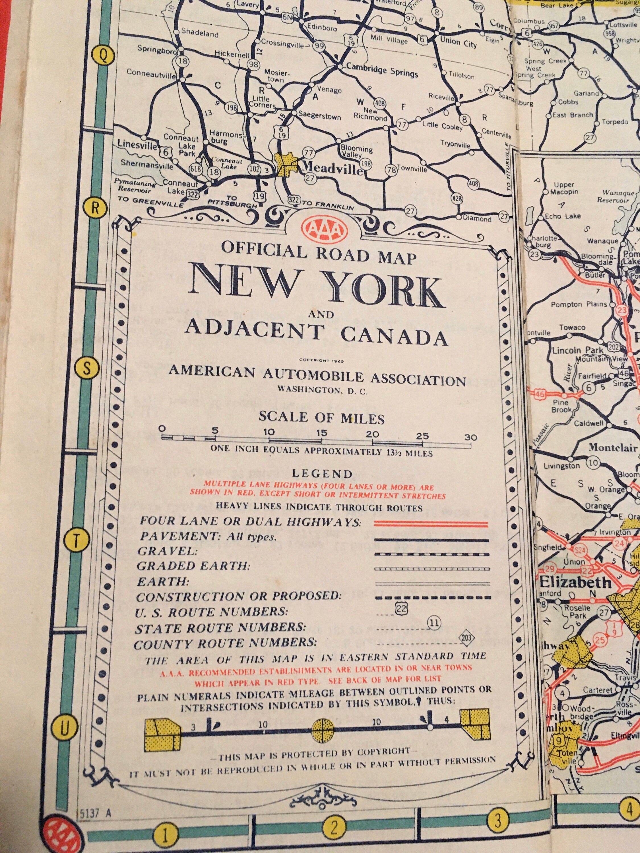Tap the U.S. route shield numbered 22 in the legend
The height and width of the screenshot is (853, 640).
coord(401,608)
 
